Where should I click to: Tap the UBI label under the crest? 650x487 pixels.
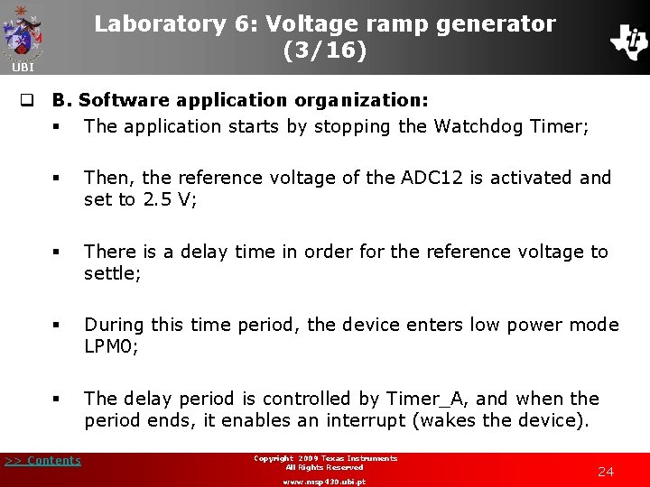[23, 68]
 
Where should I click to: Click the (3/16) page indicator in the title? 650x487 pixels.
[325, 51]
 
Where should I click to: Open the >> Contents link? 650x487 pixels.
[42, 461]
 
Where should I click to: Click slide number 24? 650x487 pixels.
[606, 472]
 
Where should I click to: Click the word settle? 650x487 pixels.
[111, 273]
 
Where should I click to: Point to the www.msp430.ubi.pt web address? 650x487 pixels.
[325, 482]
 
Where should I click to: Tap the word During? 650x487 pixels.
[115, 325]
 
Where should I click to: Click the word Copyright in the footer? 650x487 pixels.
[274, 459]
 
